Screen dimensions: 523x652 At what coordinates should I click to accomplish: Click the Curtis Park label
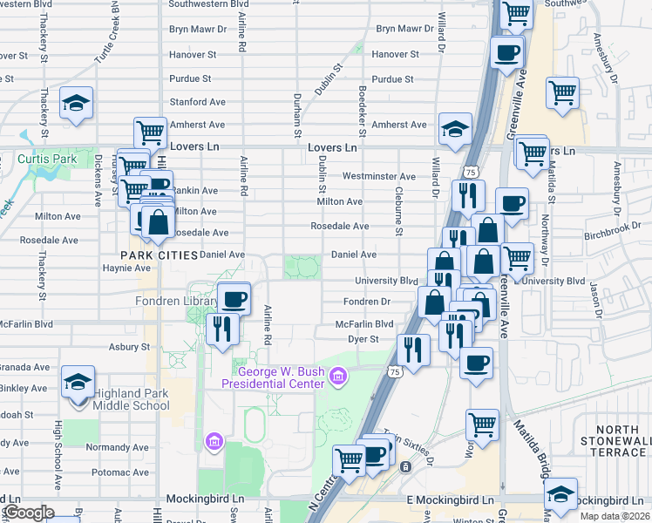coord(47,160)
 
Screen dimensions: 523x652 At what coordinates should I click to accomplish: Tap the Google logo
coord(28,513)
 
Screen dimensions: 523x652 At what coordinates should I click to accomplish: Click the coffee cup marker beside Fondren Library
coord(234,299)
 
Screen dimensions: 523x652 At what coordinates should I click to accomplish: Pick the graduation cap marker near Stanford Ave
coord(77,103)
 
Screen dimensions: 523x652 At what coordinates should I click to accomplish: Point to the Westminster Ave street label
coord(379,176)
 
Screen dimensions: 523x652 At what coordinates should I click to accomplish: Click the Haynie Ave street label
coord(128,268)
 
